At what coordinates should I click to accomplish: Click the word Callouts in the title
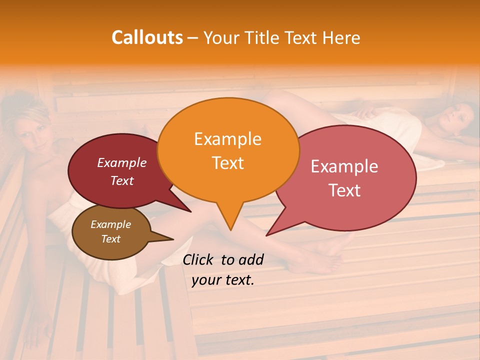[x=147, y=37]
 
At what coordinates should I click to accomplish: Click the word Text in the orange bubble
[x=227, y=162]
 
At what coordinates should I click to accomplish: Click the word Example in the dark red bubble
[x=121, y=162]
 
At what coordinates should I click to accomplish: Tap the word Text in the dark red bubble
[x=121, y=180]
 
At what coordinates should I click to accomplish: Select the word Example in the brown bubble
[x=110, y=224]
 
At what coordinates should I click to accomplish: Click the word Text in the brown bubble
[x=110, y=239]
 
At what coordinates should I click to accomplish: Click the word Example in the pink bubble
[x=344, y=166]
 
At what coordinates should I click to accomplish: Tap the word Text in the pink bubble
[x=344, y=190]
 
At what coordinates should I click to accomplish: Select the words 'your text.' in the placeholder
[x=223, y=280]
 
